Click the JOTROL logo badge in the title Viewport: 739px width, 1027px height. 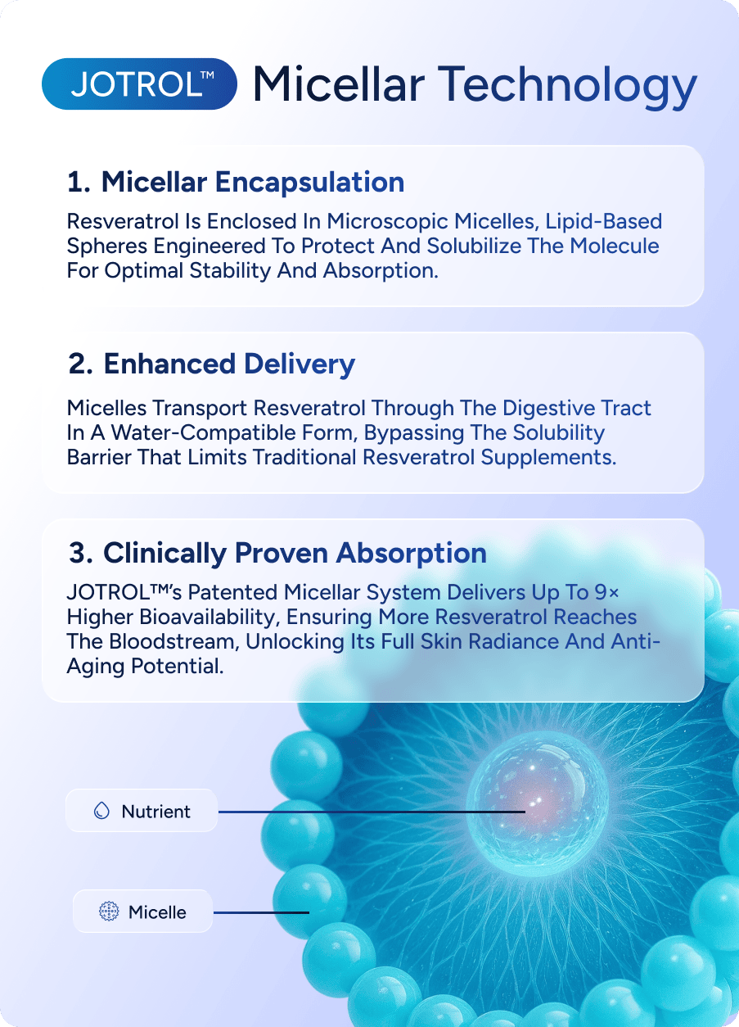[x=139, y=84]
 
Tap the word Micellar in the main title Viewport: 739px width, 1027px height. [x=339, y=84]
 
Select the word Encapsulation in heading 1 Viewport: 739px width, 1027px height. [x=309, y=183]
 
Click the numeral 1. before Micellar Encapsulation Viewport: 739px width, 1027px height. [x=79, y=183]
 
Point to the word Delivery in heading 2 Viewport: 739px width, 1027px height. [x=300, y=365]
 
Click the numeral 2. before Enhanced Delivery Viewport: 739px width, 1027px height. [x=80, y=364]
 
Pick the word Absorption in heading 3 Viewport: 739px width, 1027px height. [x=412, y=554]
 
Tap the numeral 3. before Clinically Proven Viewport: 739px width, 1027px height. [x=81, y=553]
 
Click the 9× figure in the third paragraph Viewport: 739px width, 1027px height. [x=606, y=592]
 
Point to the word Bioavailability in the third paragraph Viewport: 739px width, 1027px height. [x=210, y=618]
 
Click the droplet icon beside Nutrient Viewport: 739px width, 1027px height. [x=101, y=811]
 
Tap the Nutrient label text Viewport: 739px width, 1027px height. [x=155, y=812]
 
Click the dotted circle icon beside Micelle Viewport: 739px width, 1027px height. [x=109, y=912]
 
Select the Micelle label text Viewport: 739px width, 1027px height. [x=157, y=912]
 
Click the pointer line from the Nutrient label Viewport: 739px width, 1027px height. [x=372, y=812]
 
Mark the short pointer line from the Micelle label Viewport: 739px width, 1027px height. [x=261, y=912]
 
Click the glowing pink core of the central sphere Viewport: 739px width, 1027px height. [x=534, y=803]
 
